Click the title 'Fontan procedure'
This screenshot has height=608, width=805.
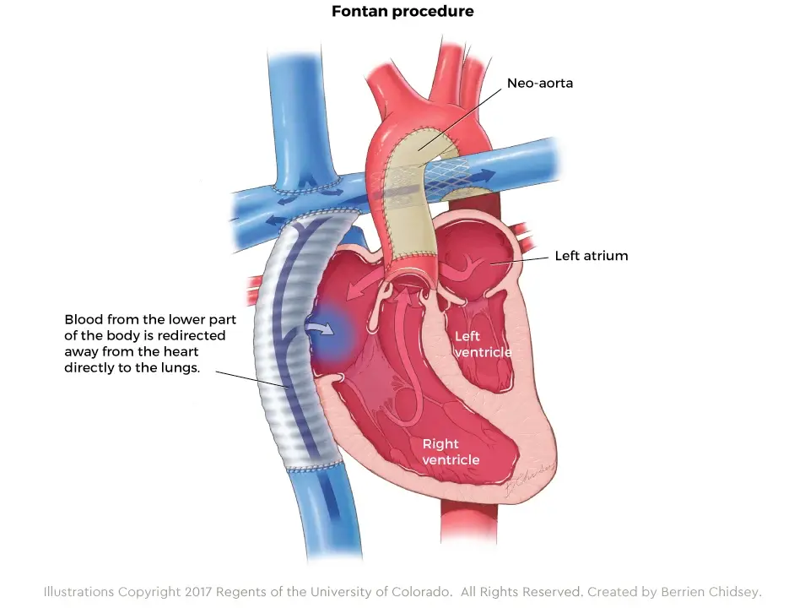pos(402,11)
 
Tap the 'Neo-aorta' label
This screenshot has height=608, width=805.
pos(539,84)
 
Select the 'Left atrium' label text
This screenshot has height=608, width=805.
pos(592,255)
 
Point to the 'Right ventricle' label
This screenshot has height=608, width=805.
pos(451,451)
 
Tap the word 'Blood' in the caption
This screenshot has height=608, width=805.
pos(82,319)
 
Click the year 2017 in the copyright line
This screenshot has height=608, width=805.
pos(198,592)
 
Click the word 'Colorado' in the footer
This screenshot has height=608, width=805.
pos(422,592)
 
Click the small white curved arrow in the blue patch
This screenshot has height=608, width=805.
pos(319,328)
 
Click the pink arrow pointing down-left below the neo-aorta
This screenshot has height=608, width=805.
pos(364,288)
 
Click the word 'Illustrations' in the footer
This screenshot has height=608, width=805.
pos(78,592)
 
